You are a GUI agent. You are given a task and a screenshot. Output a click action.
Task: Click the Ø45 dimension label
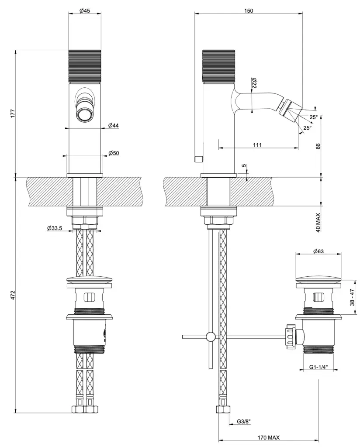point(85,11)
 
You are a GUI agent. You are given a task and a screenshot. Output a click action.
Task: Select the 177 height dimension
point(13,113)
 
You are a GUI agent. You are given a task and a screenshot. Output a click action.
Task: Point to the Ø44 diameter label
point(114,125)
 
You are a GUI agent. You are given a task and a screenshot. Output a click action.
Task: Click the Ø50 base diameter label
point(114,153)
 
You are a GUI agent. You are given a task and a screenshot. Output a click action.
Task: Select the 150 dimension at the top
point(249,10)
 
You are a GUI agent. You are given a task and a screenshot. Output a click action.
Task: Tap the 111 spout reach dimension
point(257,145)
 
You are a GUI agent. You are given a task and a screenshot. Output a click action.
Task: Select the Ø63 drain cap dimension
point(318,251)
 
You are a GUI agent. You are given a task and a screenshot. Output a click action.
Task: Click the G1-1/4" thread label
point(318,368)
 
